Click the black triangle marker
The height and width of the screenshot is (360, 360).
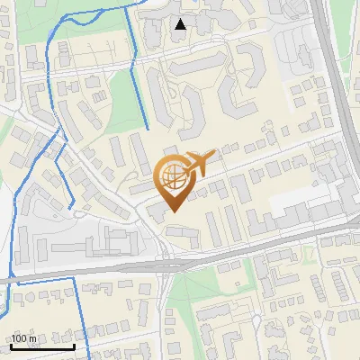[x=181, y=24]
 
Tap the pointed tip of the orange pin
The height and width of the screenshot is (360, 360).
[x=174, y=211]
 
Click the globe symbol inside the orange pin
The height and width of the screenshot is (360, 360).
[x=174, y=175]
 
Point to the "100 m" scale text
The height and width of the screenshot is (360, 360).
[x=24, y=338]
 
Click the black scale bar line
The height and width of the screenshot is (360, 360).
[x=43, y=346]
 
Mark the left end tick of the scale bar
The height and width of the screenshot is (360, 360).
[x=12, y=346]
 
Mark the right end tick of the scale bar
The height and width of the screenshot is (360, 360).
[x=75, y=346]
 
